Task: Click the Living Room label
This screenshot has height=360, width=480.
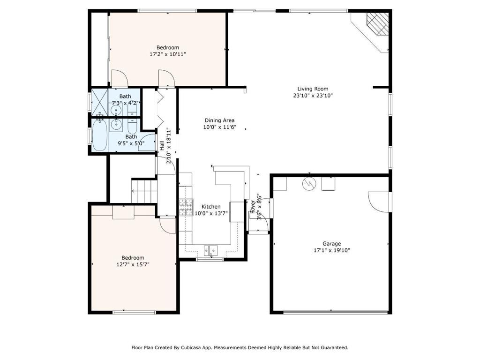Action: pyautogui.click(x=313, y=89)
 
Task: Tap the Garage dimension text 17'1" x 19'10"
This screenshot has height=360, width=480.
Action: pyautogui.click(x=331, y=250)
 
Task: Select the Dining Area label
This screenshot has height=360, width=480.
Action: pyautogui.click(x=219, y=120)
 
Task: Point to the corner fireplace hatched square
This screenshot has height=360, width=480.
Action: pyautogui.click(x=378, y=24)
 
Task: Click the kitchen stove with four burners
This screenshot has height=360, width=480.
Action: pyautogui.click(x=186, y=207)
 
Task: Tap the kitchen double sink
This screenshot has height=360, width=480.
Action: pyautogui.click(x=210, y=250)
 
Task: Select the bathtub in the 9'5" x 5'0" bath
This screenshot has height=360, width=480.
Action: pyautogui.click(x=99, y=135)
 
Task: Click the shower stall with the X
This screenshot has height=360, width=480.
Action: pyautogui.click(x=99, y=102)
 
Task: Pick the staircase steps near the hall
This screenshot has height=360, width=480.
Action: pyautogui.click(x=144, y=191)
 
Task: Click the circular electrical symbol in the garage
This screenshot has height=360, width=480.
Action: pyautogui.click(x=308, y=184)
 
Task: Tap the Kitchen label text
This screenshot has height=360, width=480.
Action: pyautogui.click(x=211, y=207)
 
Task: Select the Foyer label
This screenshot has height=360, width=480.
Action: pyautogui.click(x=253, y=207)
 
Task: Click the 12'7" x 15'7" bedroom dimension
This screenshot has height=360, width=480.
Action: pyautogui.click(x=133, y=264)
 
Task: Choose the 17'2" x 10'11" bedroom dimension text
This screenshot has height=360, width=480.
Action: pyautogui.click(x=168, y=54)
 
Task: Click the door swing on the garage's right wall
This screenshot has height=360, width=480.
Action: pyautogui.click(x=379, y=202)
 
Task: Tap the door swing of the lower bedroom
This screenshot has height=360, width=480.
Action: pyautogui.click(x=167, y=226)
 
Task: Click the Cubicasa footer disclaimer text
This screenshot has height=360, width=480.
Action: pyautogui.click(x=240, y=347)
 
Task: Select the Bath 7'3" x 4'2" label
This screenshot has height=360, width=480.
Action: pyautogui.click(x=125, y=100)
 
